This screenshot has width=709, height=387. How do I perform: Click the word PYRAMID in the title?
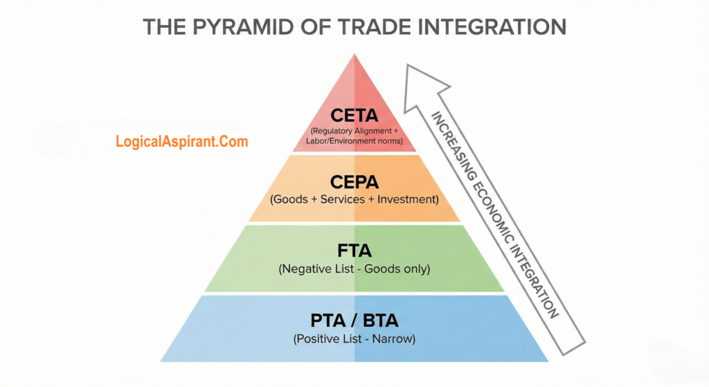point(242,27)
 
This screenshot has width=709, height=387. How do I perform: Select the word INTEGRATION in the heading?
point(489,27)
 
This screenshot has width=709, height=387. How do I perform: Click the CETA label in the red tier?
point(354,114)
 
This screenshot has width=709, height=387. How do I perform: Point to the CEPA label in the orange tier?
point(354,182)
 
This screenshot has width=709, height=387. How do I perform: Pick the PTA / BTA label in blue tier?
point(354,321)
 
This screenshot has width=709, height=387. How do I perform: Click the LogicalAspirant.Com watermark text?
point(181,142)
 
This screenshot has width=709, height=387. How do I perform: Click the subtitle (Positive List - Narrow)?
point(354,339)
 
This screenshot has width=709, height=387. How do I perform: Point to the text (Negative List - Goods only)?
point(354,269)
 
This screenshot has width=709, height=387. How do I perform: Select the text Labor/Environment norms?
point(354,141)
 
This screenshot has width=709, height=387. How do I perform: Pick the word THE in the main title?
point(163,27)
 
